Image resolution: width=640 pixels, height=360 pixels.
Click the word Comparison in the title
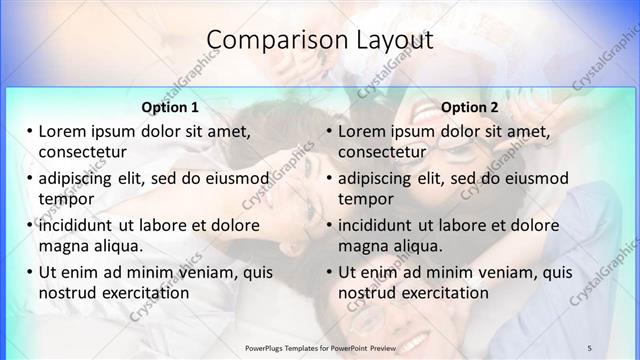268,40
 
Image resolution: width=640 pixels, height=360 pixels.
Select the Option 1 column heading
170,107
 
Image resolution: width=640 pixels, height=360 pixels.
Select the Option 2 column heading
470,107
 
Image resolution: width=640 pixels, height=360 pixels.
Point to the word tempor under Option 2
365,199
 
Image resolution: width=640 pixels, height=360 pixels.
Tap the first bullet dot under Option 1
30,132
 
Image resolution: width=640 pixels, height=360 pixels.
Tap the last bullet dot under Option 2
330,273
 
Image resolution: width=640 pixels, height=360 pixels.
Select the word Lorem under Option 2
361,132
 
